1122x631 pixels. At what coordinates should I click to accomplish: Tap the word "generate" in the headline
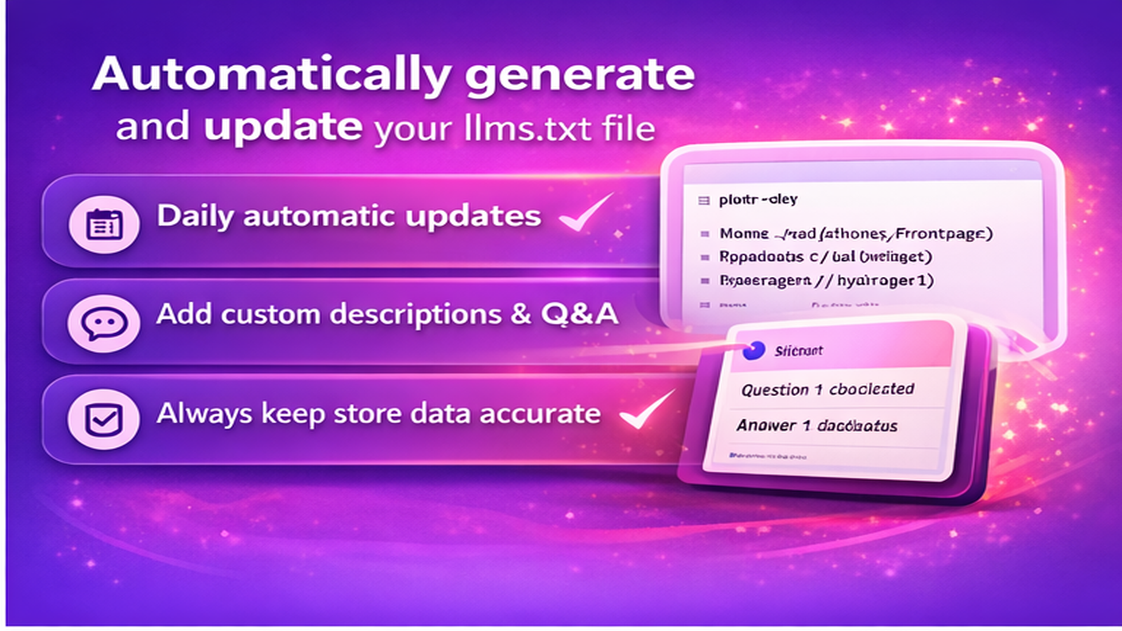(x=579, y=74)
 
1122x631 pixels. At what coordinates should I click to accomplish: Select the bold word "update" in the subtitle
(x=283, y=127)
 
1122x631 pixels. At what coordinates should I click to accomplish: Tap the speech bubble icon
(x=104, y=323)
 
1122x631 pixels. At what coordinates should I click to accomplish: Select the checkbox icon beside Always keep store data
(x=104, y=419)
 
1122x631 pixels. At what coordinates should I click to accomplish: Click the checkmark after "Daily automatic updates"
(x=586, y=213)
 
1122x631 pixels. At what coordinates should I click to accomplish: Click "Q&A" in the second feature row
(x=579, y=313)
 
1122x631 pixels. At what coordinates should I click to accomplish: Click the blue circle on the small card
(x=753, y=351)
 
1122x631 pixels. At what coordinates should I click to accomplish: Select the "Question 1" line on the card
(x=827, y=389)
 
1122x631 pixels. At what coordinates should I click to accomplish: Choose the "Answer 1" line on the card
(x=817, y=426)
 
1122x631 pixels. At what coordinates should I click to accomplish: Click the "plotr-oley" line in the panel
(x=758, y=200)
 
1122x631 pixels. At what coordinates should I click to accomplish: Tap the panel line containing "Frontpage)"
(x=856, y=233)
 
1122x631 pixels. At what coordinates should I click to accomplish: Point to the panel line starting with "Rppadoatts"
(x=825, y=257)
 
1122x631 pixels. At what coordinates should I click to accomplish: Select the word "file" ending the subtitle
(x=631, y=129)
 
